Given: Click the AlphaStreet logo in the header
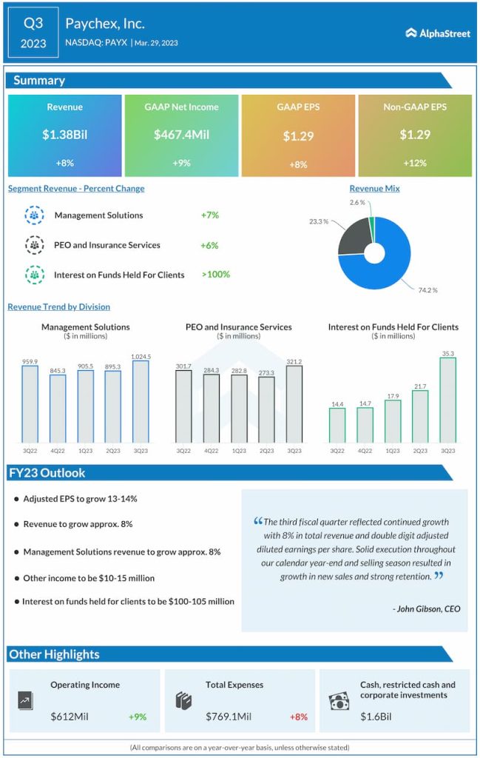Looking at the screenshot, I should click(x=438, y=33).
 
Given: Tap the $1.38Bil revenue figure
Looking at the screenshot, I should click(x=64, y=135).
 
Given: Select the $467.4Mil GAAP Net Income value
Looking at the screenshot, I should click(x=181, y=135).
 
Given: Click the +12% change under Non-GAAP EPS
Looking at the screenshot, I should click(x=414, y=163).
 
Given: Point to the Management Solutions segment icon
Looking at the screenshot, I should click(x=34, y=215).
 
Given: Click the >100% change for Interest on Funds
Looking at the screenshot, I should click(x=215, y=274).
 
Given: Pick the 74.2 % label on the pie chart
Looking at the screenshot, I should click(x=427, y=290).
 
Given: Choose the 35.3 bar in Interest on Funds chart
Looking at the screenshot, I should click(x=448, y=400).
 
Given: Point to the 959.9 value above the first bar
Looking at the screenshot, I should click(x=30, y=360).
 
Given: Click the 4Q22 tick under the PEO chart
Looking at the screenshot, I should click(x=212, y=451).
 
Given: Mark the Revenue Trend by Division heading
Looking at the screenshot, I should click(x=58, y=306).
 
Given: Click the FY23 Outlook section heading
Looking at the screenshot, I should click(x=48, y=473).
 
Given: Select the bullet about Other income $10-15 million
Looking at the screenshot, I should click(x=89, y=577).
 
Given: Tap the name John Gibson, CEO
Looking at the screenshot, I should click(x=426, y=608).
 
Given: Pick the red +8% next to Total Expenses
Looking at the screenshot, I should click(x=298, y=717).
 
